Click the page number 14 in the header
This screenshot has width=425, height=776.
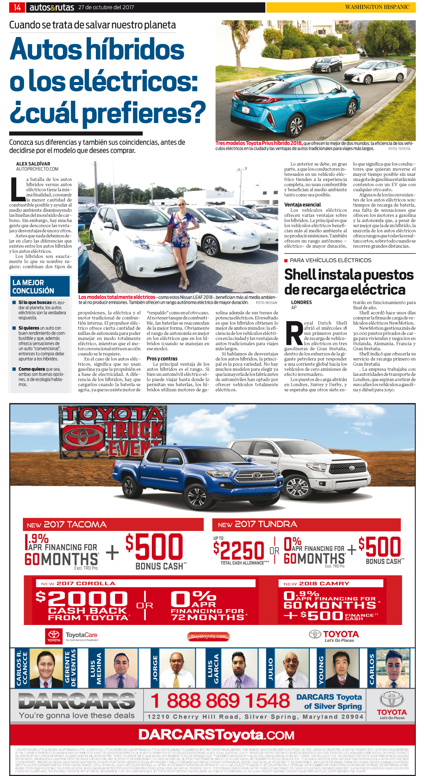tap(17, 7)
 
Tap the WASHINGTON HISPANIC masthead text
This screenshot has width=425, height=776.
tap(377, 7)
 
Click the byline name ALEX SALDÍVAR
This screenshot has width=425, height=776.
tap(33, 164)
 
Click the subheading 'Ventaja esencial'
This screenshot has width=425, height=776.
tap(302, 205)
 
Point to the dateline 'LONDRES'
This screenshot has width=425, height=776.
tap(301, 302)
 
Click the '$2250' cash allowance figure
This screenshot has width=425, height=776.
tap(239, 550)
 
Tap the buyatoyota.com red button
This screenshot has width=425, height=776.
tap(208, 636)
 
